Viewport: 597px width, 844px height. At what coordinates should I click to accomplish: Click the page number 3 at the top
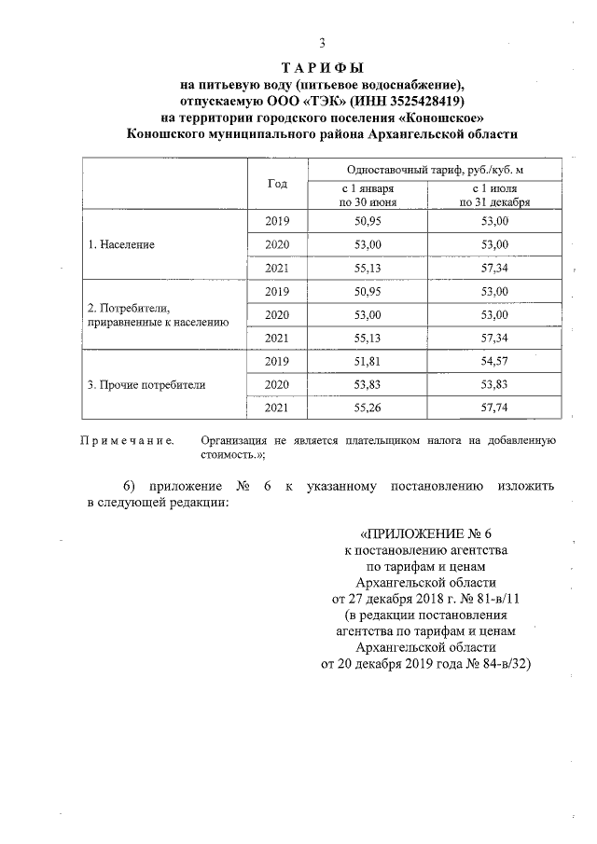pyautogui.click(x=322, y=42)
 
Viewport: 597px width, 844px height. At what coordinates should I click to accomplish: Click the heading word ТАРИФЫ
pyautogui.click(x=322, y=68)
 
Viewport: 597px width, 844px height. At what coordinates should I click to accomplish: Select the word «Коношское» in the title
pyautogui.click(x=440, y=117)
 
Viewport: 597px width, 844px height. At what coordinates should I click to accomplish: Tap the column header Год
pyautogui.click(x=277, y=184)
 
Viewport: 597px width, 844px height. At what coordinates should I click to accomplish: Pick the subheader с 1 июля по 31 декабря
pyautogui.click(x=494, y=195)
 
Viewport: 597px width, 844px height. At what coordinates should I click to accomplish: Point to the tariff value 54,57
pyautogui.click(x=494, y=361)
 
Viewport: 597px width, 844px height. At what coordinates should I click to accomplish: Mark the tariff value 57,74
pyautogui.click(x=494, y=408)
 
